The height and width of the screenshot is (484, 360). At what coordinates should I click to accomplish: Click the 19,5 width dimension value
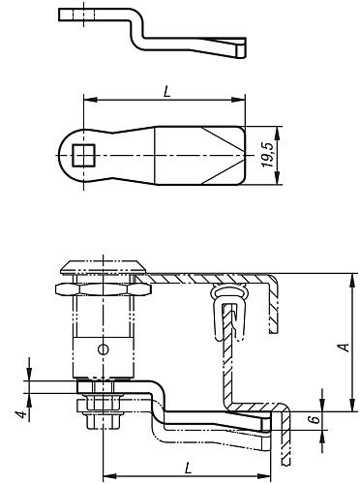pyautogui.click(x=268, y=155)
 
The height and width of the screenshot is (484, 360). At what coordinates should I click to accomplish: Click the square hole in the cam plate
pyautogui.click(x=84, y=156)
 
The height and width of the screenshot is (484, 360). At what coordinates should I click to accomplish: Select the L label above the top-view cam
pyautogui.click(x=166, y=92)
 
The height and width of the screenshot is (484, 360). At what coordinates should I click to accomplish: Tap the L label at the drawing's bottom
pyautogui.click(x=188, y=468)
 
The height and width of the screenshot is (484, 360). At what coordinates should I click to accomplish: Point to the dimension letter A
pyautogui.click(x=344, y=348)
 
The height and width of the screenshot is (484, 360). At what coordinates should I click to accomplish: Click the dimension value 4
pyautogui.click(x=21, y=414)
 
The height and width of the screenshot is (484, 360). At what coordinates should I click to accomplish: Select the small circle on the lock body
pyautogui.click(x=104, y=349)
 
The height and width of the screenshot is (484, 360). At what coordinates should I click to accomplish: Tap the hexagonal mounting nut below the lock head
pyautogui.click(x=104, y=289)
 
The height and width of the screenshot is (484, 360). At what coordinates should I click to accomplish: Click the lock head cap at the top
pyautogui.click(x=104, y=266)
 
